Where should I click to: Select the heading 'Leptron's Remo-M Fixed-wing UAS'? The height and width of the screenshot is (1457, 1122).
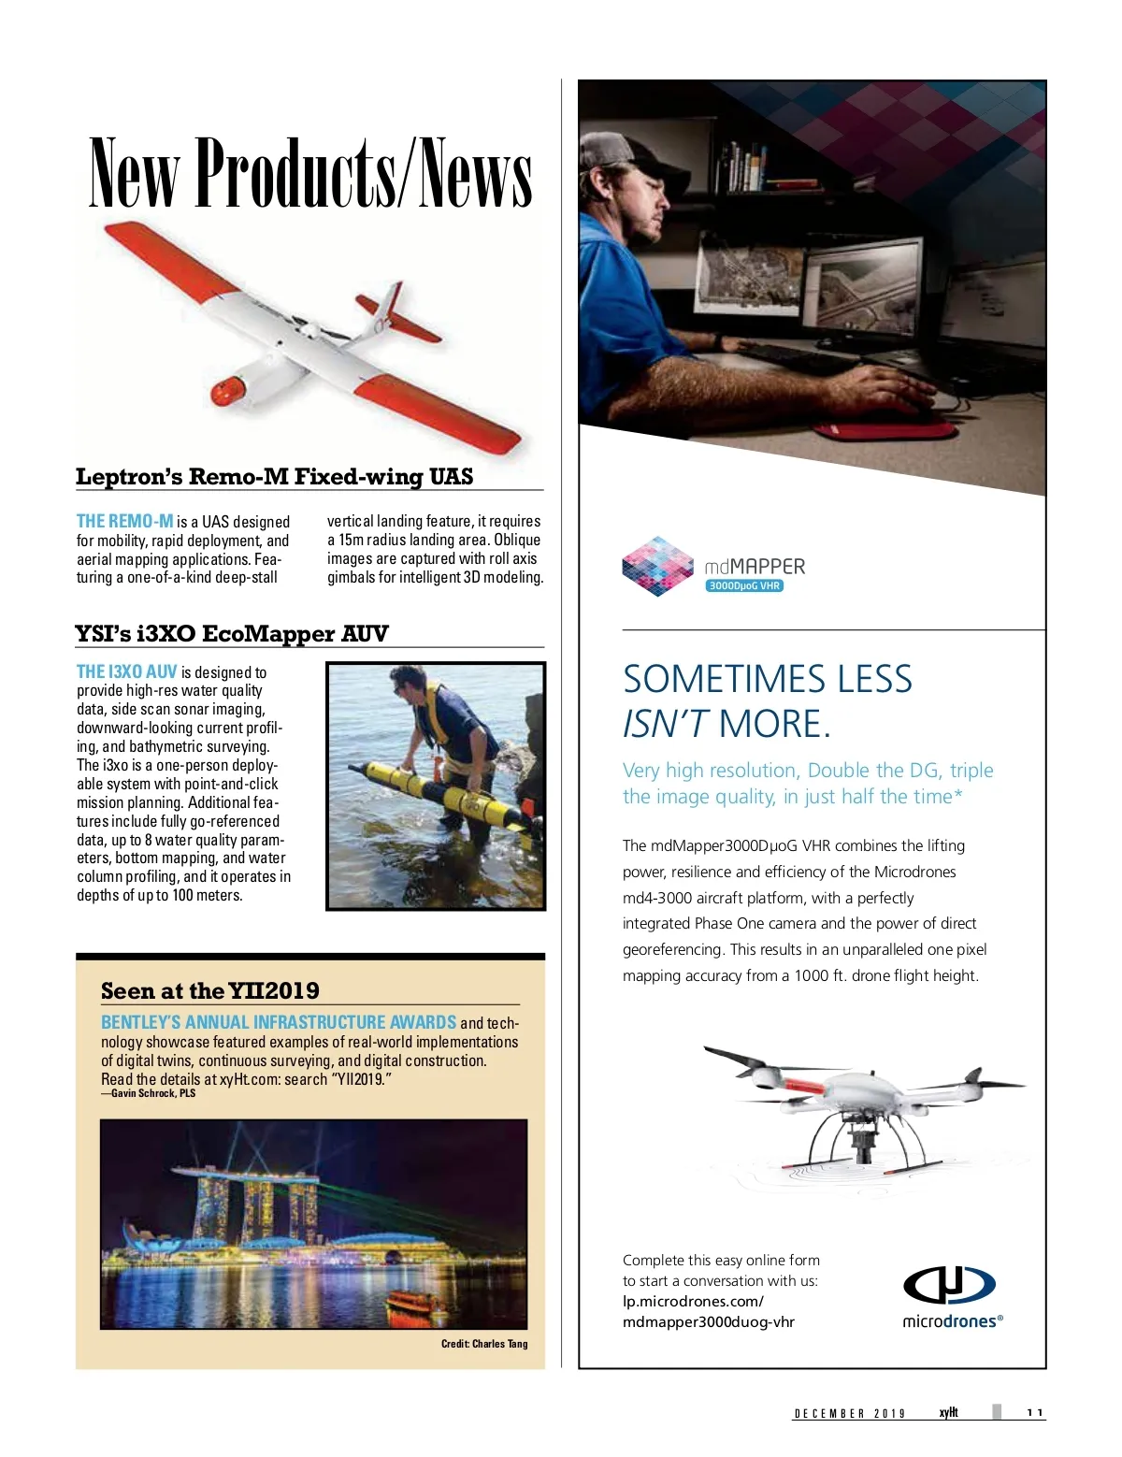coord(274,477)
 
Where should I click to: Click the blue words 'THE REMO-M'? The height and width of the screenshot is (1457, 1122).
coord(125,521)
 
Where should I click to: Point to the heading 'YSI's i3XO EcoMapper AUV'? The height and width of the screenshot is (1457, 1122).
coord(231,634)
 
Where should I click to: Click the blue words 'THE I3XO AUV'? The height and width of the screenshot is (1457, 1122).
coord(126,671)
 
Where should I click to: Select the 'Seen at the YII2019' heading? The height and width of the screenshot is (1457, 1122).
coord(209,991)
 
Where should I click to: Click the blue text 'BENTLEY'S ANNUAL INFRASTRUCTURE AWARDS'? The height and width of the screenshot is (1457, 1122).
coord(278,1022)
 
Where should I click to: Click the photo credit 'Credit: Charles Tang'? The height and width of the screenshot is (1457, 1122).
coord(484,1344)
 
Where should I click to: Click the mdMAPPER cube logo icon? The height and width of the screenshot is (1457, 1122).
coord(657,566)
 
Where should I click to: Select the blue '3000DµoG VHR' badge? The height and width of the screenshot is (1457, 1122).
coord(744,586)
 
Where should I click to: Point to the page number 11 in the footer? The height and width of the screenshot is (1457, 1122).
coord(1034,1413)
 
